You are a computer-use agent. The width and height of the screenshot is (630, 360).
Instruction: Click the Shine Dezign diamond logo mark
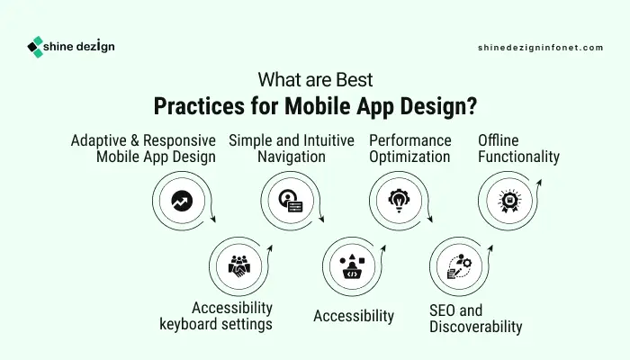35,47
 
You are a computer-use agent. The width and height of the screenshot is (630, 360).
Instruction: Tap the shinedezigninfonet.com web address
540,48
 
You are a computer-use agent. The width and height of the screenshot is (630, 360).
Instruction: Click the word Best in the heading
355,79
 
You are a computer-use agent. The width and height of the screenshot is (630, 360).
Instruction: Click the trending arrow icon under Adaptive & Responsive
182,201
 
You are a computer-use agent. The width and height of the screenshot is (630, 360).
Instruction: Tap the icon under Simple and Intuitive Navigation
291,201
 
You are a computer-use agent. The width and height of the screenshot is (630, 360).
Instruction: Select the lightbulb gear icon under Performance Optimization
399,200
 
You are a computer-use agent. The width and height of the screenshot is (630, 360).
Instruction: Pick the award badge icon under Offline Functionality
509,201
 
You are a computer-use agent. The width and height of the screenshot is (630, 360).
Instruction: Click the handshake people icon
239,266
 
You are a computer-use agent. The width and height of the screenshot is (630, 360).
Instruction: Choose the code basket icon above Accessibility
353,266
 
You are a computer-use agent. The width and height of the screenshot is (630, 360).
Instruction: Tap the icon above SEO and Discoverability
459,266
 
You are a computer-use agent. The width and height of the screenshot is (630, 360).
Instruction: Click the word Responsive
179,140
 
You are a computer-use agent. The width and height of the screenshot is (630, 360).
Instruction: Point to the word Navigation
292,157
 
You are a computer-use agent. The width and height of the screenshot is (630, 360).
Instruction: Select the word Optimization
409,157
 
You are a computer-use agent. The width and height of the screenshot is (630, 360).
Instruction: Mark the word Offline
499,140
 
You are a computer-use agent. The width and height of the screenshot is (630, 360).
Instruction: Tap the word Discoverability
476,327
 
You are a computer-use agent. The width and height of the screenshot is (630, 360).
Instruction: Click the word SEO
442,310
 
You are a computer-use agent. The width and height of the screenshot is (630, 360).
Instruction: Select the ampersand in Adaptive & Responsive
135,140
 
